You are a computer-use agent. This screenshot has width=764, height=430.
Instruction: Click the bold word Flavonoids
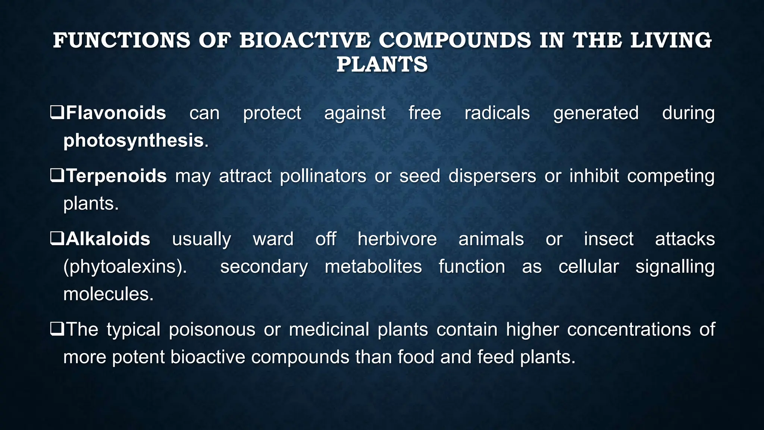116,113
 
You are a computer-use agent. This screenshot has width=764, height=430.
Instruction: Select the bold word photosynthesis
133,141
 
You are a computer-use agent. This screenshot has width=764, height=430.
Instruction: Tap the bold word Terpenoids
116,176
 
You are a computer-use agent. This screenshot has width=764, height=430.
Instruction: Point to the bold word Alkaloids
108,239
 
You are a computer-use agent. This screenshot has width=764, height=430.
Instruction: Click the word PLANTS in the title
382,64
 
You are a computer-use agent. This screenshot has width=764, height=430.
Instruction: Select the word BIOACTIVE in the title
305,40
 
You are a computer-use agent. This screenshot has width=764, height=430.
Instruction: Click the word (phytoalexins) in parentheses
125,267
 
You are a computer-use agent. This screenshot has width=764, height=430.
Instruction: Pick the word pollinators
323,176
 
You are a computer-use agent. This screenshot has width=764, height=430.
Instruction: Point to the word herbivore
397,239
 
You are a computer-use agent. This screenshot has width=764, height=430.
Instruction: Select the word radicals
497,113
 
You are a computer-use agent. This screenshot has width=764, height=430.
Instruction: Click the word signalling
675,267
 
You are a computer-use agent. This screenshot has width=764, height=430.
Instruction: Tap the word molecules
108,294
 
